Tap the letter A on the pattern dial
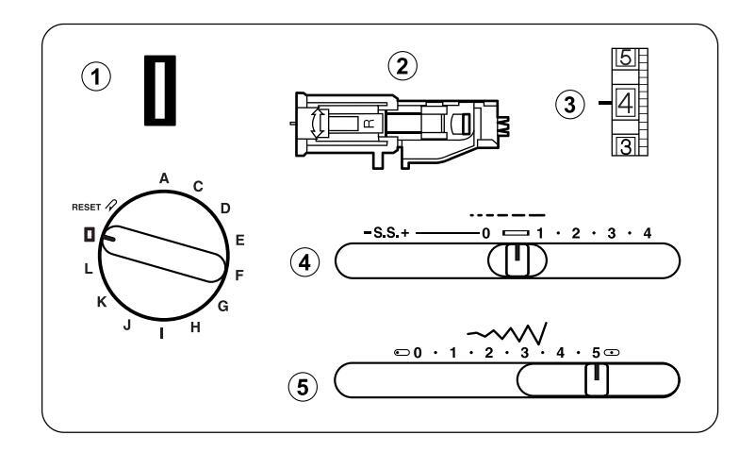pyautogui.click(x=164, y=176)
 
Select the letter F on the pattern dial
pyautogui.click(x=239, y=276)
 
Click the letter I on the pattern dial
pyautogui.click(x=163, y=333)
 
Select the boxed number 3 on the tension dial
pyautogui.click(x=625, y=146)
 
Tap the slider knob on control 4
pyautogui.click(x=515, y=260)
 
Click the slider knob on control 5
pyautogui.click(x=596, y=380)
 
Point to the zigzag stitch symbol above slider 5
pyautogui.click(x=509, y=331)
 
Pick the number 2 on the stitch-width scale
pyautogui.click(x=487, y=353)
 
